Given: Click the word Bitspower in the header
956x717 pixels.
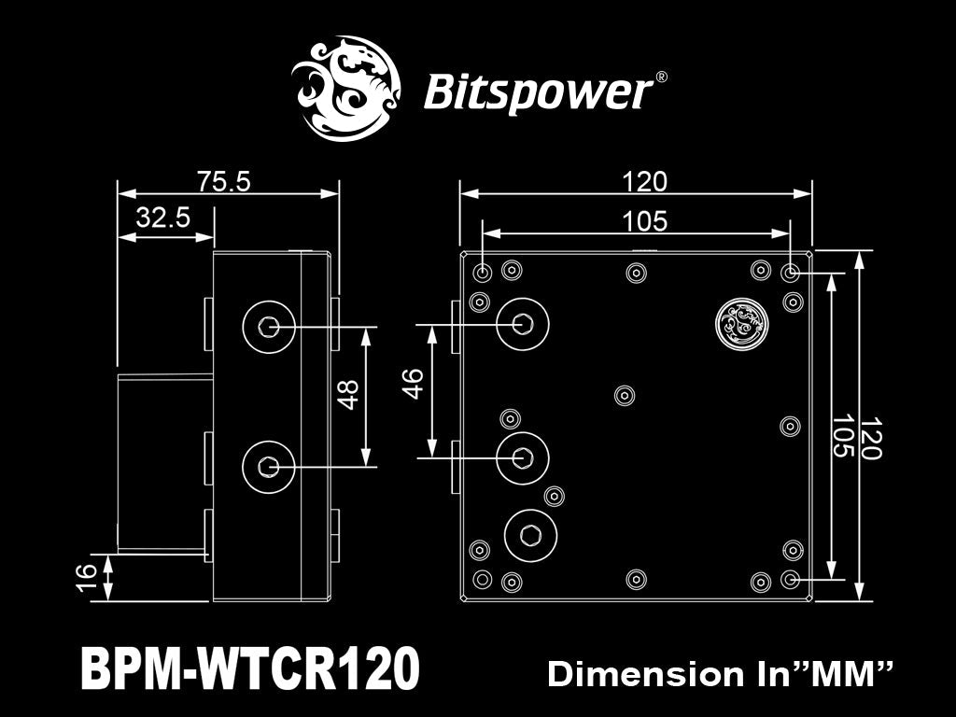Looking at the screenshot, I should pyautogui.click(x=537, y=92).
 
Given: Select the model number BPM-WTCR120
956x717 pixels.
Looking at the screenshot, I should pyautogui.click(x=251, y=669).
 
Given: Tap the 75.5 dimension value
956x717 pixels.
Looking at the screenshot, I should pyautogui.click(x=224, y=181).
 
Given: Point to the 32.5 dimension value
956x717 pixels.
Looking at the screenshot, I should pyautogui.click(x=163, y=218).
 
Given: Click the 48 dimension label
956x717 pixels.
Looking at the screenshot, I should pyautogui.click(x=349, y=395).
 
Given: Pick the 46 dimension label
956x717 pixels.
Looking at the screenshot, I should pyautogui.click(x=414, y=383).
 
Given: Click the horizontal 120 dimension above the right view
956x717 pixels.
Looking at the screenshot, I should pyautogui.click(x=644, y=181).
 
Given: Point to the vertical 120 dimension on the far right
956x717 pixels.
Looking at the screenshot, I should pyautogui.click(x=871, y=439).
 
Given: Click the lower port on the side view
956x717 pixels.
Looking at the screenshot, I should pyautogui.click(x=269, y=465).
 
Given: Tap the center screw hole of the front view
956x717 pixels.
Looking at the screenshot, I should pyautogui.click(x=623, y=395).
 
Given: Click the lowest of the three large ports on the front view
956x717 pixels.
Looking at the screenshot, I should pyautogui.click(x=530, y=535).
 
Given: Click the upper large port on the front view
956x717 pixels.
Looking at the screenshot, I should pyautogui.click(x=523, y=324).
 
